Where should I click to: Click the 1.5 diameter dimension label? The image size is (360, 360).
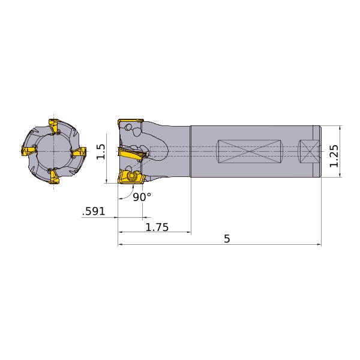tap(101, 152)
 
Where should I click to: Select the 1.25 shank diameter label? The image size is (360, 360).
tap(334, 156)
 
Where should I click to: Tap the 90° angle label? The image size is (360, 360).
tap(142, 197)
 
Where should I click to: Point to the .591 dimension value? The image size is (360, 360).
tap(94, 211)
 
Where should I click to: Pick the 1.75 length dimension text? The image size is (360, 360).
tap(157, 227)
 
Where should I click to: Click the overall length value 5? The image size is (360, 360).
tap(227, 239)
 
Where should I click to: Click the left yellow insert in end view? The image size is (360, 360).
tap(28, 151)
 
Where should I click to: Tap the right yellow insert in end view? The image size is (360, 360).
tap(79, 152)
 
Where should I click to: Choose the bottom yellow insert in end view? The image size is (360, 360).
tap(54, 176)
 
